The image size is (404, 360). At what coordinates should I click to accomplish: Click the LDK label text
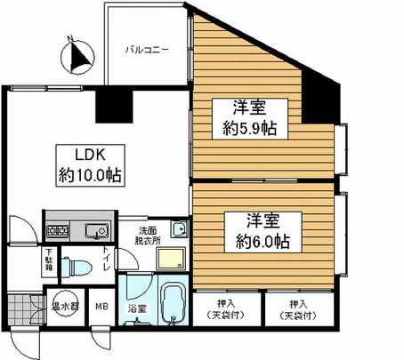(77, 153)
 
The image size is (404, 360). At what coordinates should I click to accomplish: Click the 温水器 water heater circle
(64, 305)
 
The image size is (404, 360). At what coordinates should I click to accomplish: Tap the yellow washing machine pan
(168, 260)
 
